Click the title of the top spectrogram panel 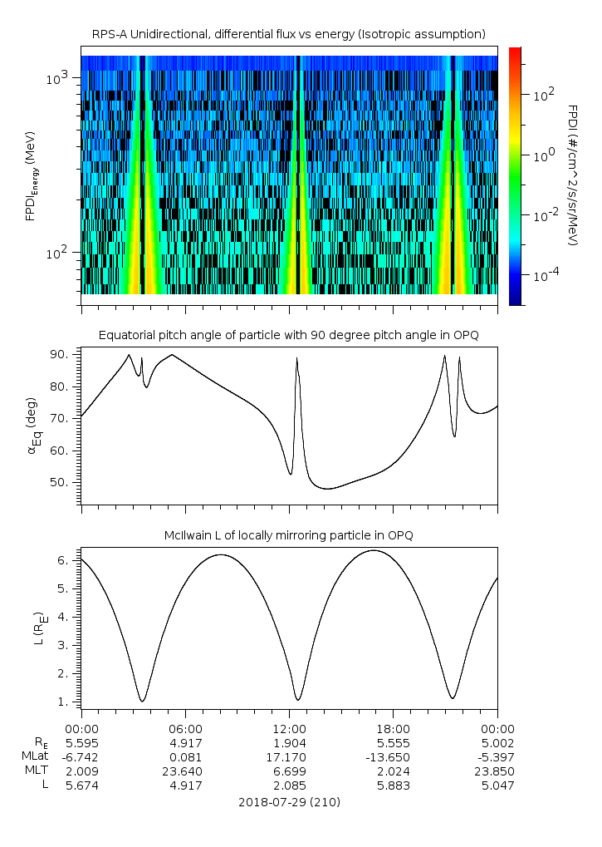288,33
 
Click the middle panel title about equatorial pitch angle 288,335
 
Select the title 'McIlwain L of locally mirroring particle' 288,535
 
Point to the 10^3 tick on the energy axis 61,78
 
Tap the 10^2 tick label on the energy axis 61,253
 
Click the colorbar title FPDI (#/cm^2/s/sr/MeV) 573,175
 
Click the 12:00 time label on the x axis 289,727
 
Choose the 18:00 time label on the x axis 393,727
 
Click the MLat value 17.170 289,756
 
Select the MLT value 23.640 185,771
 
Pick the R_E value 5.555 393,742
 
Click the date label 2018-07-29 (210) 288,802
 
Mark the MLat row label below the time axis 38,756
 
